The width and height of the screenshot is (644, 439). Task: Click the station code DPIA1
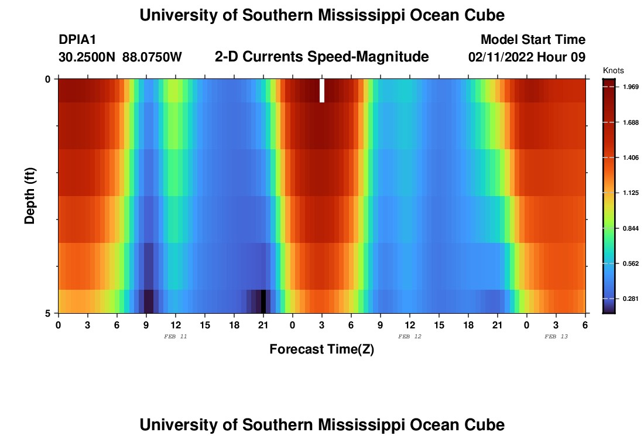[x=77, y=40]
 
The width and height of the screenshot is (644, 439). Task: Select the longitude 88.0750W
[x=152, y=57]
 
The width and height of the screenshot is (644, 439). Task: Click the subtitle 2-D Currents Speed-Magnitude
[x=322, y=57]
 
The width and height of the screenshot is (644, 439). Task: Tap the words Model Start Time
[x=533, y=40]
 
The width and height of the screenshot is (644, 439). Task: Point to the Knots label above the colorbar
[x=613, y=70]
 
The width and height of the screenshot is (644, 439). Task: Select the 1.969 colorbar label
[x=629, y=87]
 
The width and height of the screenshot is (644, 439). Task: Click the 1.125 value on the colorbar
[x=629, y=193]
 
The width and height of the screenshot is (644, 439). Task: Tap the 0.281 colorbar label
[x=629, y=299]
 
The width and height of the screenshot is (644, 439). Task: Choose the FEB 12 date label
[x=409, y=337]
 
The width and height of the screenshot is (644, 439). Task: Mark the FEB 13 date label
[x=556, y=337]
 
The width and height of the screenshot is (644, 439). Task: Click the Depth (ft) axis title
[x=30, y=196]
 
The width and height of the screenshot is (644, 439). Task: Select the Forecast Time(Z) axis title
[x=321, y=349]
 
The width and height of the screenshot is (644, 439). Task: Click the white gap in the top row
[x=322, y=91]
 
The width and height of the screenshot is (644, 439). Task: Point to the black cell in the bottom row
[x=263, y=301]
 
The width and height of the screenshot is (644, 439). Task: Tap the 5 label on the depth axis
[x=48, y=313]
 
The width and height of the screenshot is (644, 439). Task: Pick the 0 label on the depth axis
[x=48, y=79]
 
